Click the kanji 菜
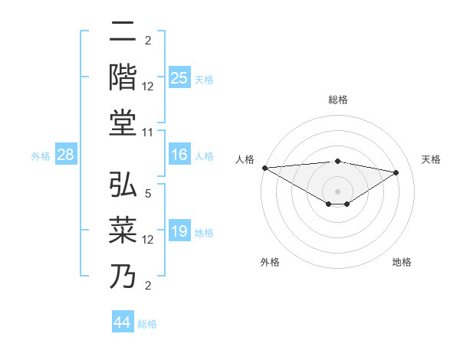pos(124,230)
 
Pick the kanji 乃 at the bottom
pos(124,274)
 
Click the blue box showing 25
pos(179,77)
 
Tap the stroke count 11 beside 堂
pos(149,133)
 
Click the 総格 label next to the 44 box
pos(148,324)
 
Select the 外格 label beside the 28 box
pos(41,156)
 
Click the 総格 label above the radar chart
pos(337,100)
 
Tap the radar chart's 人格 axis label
pos(245,159)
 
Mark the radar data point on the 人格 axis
pos(264,168)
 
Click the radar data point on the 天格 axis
pos(396,172)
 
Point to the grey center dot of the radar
pos(337,191)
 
